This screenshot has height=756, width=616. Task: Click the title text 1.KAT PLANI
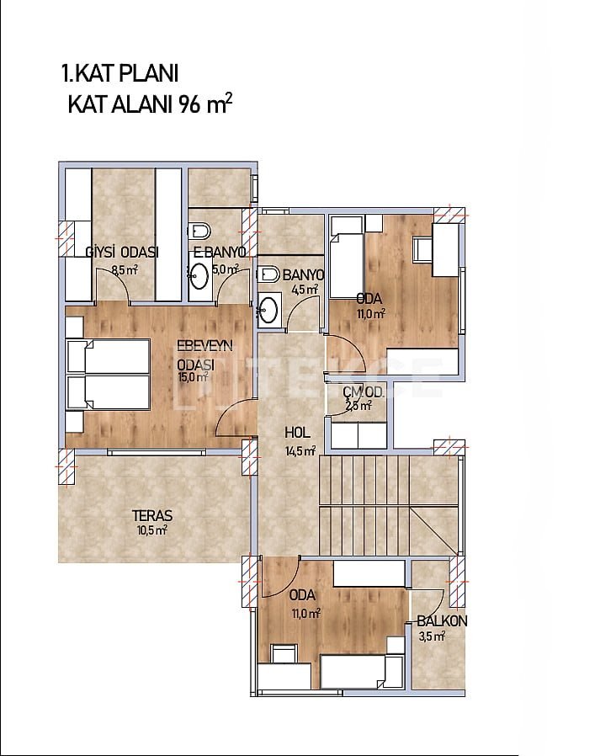[120, 74]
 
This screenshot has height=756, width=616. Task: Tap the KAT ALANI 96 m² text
[150, 104]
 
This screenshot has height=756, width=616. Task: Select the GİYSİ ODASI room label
[122, 253]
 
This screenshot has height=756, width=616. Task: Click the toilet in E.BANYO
[199, 231]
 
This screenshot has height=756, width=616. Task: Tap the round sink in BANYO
[267, 309]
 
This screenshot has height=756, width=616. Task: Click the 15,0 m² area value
[193, 376]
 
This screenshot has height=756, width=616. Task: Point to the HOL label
[297, 433]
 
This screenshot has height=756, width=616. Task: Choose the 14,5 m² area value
[300, 450]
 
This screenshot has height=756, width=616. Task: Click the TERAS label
[152, 515]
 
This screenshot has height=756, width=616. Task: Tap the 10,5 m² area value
[151, 530]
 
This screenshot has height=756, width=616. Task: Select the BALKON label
[442, 621]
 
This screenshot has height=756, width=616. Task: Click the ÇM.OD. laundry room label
[364, 393]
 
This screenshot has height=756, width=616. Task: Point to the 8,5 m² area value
[125, 270]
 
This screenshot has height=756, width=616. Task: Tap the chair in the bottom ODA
[284, 654]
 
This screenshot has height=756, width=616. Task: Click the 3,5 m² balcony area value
[432, 636]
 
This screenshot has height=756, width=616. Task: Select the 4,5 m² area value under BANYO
[305, 290]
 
